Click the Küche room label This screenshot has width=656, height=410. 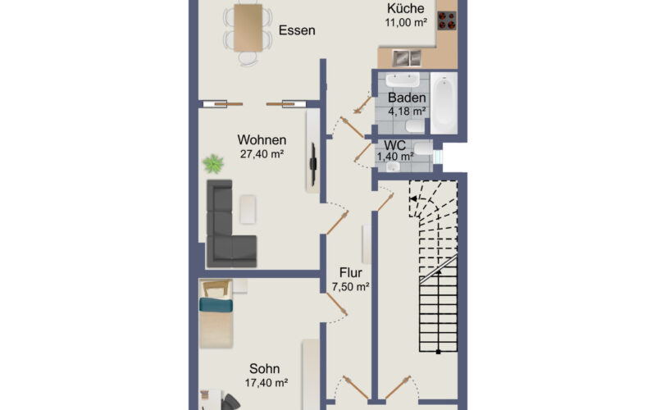click(x=405, y=8)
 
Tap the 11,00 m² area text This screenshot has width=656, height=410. click(x=406, y=23)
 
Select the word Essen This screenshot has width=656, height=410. click(x=297, y=30)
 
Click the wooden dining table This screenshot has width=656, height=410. click(x=248, y=28)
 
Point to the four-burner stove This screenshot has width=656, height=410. click(x=447, y=20)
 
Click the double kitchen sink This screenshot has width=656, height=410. click(x=407, y=58)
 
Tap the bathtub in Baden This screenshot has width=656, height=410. click(x=444, y=103)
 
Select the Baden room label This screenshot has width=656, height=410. click(x=407, y=98)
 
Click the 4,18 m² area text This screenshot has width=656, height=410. click(x=407, y=112)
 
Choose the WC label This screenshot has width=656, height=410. click(x=394, y=145)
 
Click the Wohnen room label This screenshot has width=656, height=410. click(x=262, y=139)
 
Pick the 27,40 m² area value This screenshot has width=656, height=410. click(x=262, y=154)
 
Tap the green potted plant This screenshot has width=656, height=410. click(x=213, y=163)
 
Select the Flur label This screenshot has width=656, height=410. click(x=351, y=273)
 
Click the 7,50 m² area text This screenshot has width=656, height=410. click(x=351, y=287)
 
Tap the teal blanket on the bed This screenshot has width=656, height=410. click(x=216, y=305)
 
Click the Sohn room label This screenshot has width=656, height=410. click(x=264, y=368)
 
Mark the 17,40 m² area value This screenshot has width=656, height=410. click(x=266, y=383)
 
